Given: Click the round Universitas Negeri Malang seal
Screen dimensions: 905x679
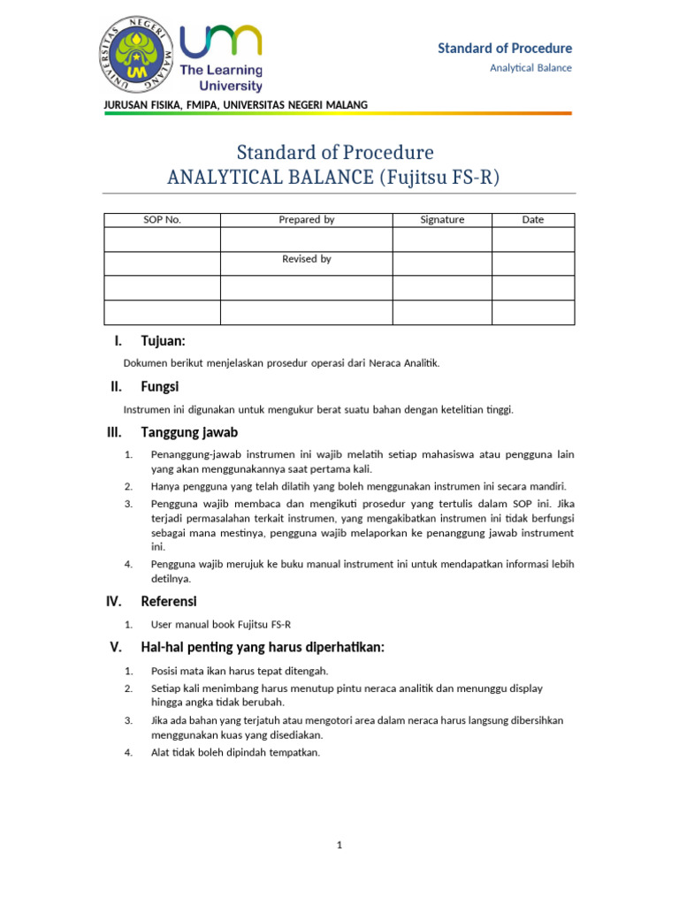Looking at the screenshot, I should (135, 55).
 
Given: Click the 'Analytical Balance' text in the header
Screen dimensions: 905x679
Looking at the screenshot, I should (530, 68).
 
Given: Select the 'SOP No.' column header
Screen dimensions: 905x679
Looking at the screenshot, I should (162, 220).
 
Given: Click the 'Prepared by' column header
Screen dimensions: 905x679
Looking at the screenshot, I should (307, 220).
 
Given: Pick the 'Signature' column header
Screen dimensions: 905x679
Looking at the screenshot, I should (442, 220).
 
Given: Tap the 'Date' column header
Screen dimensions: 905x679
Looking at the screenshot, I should (533, 220).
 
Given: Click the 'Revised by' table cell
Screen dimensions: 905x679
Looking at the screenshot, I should (307, 259).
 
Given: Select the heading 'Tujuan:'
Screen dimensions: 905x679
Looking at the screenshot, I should (164, 341).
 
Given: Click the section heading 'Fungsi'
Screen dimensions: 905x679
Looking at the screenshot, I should (160, 386).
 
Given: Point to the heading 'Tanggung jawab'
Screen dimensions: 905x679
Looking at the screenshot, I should (189, 432).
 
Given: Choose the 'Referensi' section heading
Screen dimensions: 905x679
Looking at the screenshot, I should (169, 601).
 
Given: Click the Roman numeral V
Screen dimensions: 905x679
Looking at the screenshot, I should (115, 648).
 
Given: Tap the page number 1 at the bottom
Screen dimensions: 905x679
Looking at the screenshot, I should (339, 845).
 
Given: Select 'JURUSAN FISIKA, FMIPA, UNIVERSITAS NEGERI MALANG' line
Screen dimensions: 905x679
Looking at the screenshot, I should (236, 105).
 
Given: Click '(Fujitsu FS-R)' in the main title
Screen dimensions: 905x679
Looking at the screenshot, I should (439, 177).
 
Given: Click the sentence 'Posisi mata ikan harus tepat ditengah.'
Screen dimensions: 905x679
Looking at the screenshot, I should (240, 671).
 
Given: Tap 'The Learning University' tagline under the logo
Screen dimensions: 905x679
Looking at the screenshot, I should (221, 78).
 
